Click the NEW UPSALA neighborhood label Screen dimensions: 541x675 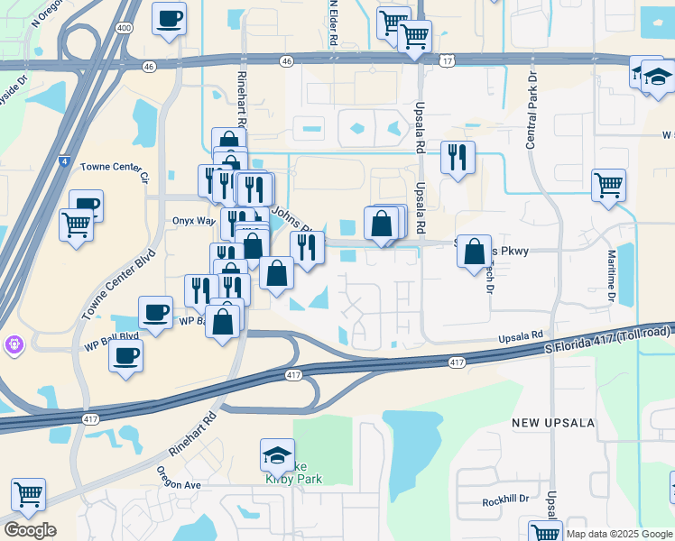click(550, 422)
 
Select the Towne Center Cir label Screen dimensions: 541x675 click(113, 167)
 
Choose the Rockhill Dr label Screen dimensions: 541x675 click(504, 500)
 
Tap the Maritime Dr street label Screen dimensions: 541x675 click(611, 276)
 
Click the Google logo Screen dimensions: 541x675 click(29, 529)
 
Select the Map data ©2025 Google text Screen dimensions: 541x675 click(619, 534)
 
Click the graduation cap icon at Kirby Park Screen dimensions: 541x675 click(277, 455)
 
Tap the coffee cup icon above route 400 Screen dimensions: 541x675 click(169, 18)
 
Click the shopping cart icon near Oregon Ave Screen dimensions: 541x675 click(28, 494)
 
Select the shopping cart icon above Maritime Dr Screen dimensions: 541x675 click(609, 185)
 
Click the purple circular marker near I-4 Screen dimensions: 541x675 click(14, 344)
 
